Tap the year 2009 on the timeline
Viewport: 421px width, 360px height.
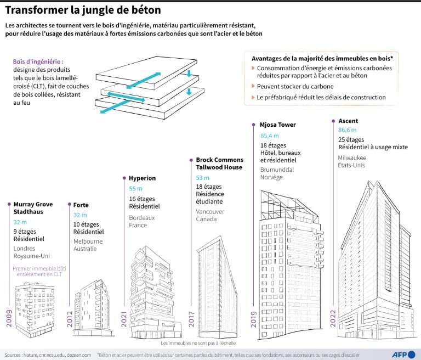(x=9, y=317)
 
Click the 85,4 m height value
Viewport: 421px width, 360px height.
(x=269, y=135)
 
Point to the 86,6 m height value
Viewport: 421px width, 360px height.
(x=347, y=130)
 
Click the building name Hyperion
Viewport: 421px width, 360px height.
(x=142, y=178)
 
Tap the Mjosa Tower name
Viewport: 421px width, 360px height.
(x=278, y=125)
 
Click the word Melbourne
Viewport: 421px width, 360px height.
(x=88, y=241)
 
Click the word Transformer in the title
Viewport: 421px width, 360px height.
(x=36, y=10)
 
